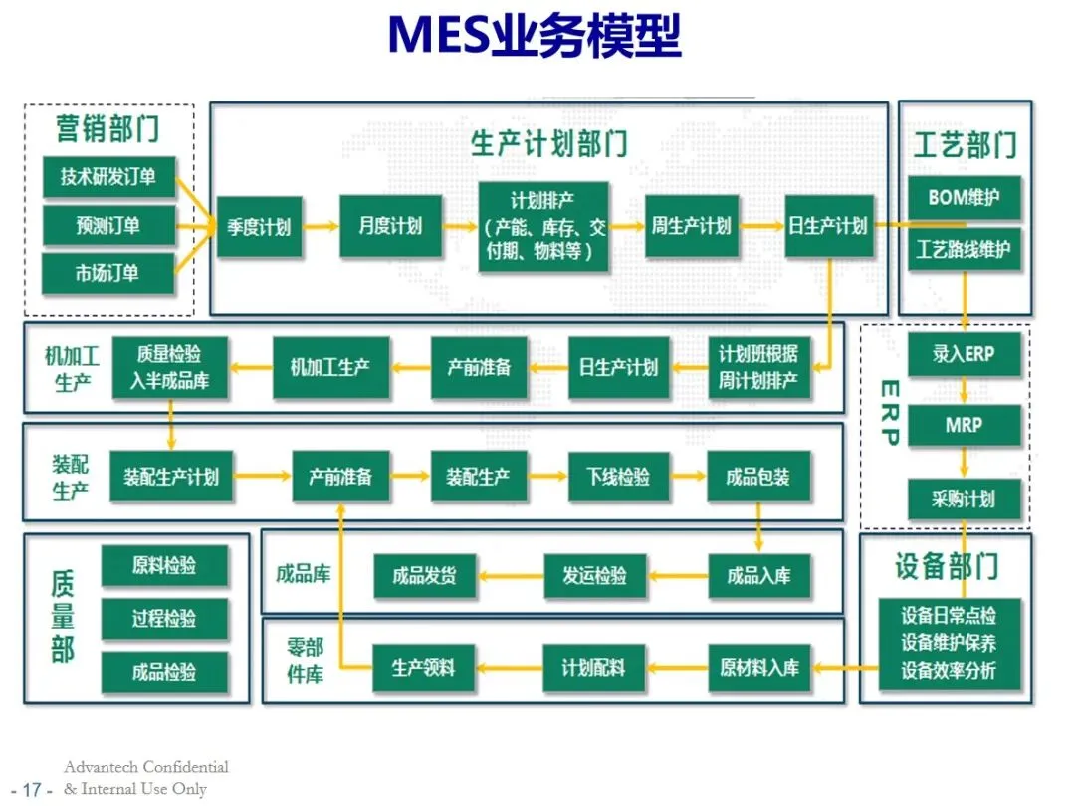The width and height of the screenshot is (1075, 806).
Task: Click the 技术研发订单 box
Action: (x=108, y=177)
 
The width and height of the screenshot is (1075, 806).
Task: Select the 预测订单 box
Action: (x=108, y=226)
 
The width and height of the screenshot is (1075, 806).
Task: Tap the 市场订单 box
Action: (x=108, y=273)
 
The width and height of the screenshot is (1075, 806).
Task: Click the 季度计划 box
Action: (x=259, y=226)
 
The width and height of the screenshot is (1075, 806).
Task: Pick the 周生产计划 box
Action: (x=691, y=226)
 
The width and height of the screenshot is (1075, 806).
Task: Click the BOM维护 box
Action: (x=964, y=198)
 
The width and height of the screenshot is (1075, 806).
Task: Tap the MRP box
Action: (x=964, y=425)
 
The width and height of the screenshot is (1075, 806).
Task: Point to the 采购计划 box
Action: (x=964, y=499)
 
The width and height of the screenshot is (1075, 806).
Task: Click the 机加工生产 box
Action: (x=330, y=366)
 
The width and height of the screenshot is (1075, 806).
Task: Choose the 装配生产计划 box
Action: (x=171, y=477)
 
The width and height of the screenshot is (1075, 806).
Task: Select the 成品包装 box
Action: (x=757, y=477)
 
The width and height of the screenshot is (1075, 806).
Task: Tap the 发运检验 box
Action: (x=594, y=575)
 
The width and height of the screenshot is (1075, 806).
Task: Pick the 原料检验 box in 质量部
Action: (x=164, y=566)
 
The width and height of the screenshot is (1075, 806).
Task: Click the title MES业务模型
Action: (x=535, y=36)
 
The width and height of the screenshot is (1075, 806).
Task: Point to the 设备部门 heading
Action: (x=946, y=566)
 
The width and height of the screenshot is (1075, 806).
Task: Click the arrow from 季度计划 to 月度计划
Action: (x=321, y=227)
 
